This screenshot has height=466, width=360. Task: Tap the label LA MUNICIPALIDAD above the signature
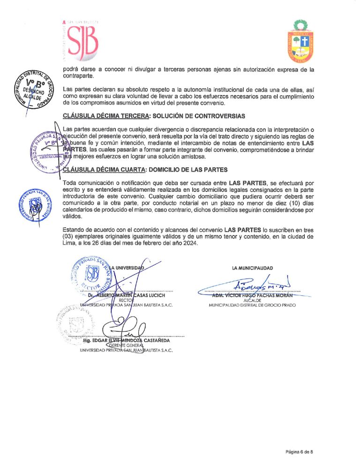(x=253, y=268)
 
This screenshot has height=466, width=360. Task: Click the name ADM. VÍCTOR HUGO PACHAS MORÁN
(x=252, y=295)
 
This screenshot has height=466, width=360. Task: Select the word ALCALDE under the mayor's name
(x=252, y=301)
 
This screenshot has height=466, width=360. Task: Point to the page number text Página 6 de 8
(x=299, y=451)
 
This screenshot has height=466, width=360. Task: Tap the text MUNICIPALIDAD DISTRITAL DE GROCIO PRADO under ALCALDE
(x=252, y=305)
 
